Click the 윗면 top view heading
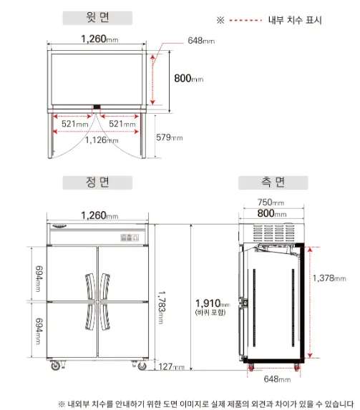click(x=97, y=17)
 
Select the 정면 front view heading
click(x=97, y=182)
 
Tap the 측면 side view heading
click(x=273, y=182)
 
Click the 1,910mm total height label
click(x=213, y=303)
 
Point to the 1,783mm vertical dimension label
click(x=162, y=307)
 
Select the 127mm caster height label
click(x=171, y=366)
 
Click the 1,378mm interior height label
click(x=329, y=278)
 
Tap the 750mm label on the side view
click(x=271, y=202)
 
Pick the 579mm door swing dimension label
click(x=170, y=137)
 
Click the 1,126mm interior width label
click(x=102, y=140)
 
